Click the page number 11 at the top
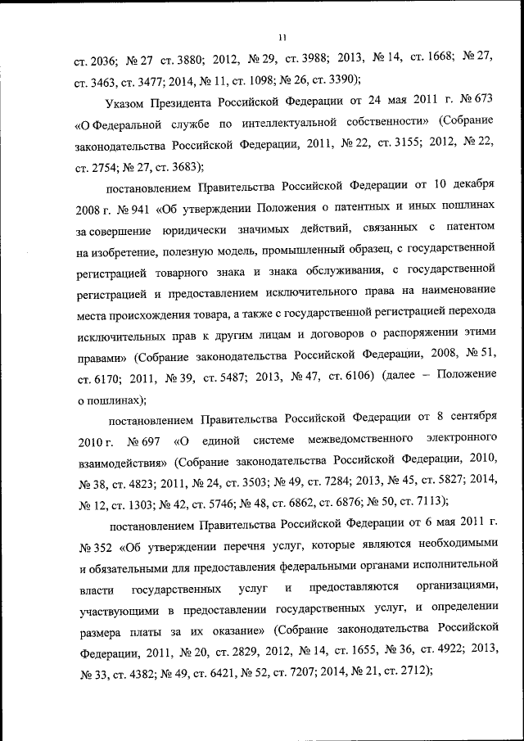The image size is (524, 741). click(282, 37)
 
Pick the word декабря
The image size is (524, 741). click(473, 188)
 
